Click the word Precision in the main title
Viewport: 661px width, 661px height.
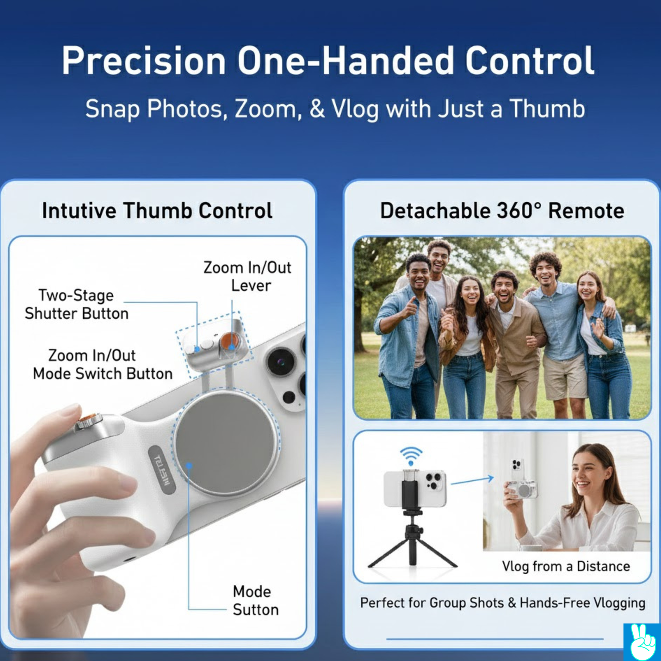(144, 61)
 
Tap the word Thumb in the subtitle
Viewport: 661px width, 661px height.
(547, 108)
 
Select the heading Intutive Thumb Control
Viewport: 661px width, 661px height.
(157, 211)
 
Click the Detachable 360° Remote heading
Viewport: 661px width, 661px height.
(502, 211)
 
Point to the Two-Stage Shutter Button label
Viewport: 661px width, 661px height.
(77, 305)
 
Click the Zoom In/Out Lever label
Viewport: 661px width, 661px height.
(247, 276)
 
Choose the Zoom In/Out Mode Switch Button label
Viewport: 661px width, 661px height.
(103, 364)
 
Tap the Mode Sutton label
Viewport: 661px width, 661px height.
(256, 601)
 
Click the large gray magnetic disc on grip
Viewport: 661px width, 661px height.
(226, 443)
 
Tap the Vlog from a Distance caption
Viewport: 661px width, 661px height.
(566, 566)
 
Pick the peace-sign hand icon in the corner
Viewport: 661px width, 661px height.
(642, 642)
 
